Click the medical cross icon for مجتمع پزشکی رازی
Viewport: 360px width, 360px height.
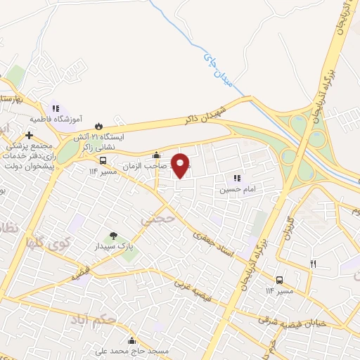[29, 135]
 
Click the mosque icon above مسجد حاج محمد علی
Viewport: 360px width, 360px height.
[131, 341]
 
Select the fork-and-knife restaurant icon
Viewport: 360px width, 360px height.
[314, 264]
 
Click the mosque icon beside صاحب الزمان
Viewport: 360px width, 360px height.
[156, 155]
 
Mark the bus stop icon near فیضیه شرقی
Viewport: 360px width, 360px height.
[280, 280]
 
